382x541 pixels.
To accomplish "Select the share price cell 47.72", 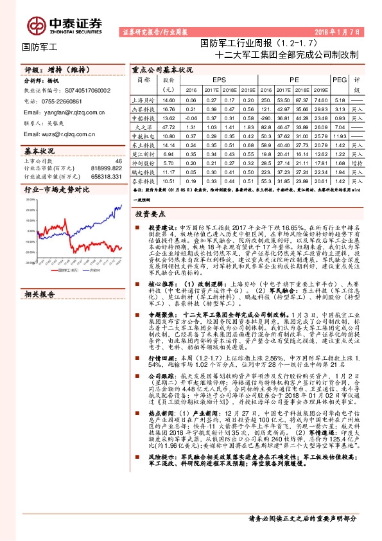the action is (x=169, y=127).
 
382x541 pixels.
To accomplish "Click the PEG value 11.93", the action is (x=340, y=136).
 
